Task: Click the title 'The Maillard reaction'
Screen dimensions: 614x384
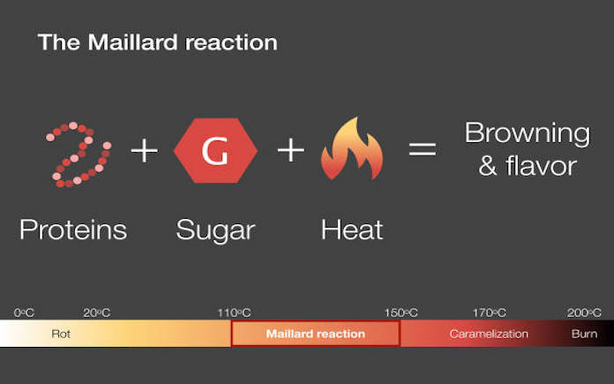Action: pos(157,42)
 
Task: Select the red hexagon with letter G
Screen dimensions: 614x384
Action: pos(215,150)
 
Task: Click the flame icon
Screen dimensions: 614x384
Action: pos(352,148)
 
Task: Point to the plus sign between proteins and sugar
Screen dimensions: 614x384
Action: pos(145,150)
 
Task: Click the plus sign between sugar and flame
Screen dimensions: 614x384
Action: pos(290,150)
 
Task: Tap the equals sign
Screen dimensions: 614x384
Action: pos(423,149)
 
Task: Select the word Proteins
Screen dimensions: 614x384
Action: pos(73,230)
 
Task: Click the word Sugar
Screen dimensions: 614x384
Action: pos(216,231)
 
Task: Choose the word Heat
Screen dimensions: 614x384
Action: pos(352,230)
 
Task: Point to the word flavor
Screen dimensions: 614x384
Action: pos(541,166)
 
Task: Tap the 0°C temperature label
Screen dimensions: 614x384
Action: pos(24,312)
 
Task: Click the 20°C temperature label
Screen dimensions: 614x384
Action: pos(97,312)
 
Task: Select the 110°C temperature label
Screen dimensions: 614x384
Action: pos(234,312)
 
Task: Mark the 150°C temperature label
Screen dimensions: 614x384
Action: pos(401,312)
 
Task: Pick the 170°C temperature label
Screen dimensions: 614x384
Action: pos(489,312)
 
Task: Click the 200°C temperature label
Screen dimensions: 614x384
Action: pos(584,312)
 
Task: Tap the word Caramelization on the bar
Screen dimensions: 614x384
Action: pos(489,334)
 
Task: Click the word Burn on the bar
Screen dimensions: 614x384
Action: pos(584,334)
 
